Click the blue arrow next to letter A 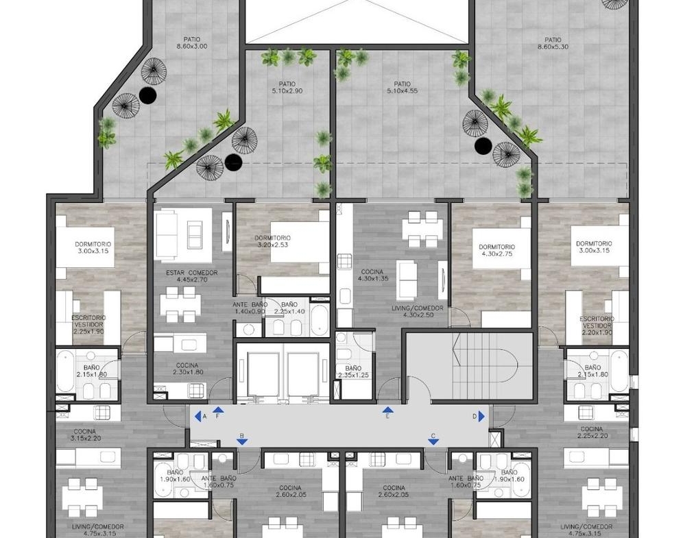197,417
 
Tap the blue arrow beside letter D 481,417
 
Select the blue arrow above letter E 387,410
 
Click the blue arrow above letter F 218,410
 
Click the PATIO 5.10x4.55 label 402,87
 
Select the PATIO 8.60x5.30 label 553,43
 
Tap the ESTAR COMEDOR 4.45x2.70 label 191,276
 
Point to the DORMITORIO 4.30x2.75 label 496,250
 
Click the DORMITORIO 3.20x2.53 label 273,241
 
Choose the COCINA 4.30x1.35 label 373,275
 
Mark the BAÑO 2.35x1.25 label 353,371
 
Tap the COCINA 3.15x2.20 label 85,435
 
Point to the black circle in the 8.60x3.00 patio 148,95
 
